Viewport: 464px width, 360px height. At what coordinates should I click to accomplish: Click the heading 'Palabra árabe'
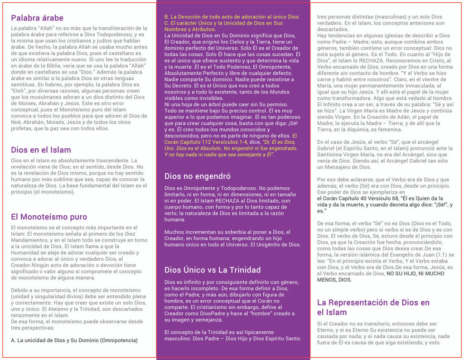pos(37,18)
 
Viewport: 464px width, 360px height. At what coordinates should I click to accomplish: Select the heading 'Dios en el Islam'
pos(41,150)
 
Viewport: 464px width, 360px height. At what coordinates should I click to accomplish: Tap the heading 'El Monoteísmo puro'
pos(49,217)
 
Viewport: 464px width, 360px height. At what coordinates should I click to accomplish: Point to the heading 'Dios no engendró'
pos(198,176)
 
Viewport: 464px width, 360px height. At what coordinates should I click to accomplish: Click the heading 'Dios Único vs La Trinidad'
pos(213,270)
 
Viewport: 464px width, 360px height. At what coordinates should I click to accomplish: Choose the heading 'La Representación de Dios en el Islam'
pos(373,307)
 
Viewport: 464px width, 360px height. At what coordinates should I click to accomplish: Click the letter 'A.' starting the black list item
pos(14,340)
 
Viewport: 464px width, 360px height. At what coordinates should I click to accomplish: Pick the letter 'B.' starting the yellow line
pos(167,17)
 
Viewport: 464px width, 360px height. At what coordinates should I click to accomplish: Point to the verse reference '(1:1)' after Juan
pos(443,255)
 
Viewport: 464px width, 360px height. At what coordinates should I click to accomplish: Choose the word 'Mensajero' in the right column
pos(333,167)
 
